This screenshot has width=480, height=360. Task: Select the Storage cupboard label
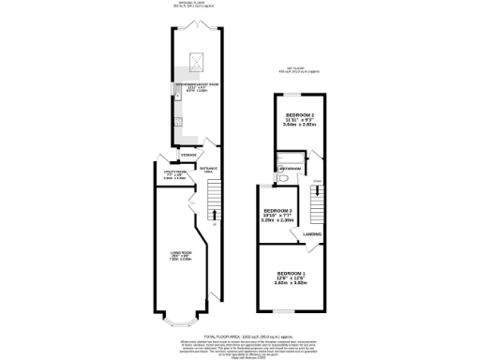click(188, 154)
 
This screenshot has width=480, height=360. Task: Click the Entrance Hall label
click(208, 170)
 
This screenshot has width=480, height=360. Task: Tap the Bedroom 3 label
click(277, 214)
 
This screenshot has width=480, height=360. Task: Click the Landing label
click(312, 234)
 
